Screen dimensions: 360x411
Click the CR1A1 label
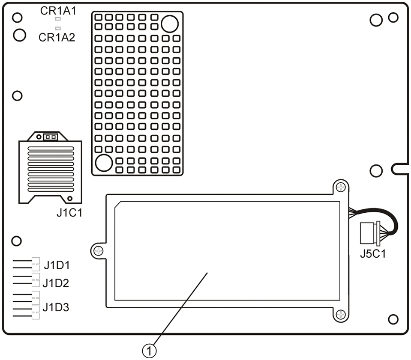[x=58, y=11]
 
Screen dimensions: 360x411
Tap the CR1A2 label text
[x=57, y=38]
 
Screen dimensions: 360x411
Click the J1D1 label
[x=57, y=265]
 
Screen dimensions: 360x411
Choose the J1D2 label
[x=56, y=283]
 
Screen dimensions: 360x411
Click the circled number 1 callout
[x=149, y=351]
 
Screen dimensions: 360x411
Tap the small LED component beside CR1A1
[x=57, y=19]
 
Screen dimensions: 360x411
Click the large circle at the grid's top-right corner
[x=169, y=24]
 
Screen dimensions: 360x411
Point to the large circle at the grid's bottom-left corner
[x=103, y=163]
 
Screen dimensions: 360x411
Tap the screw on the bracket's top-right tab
[x=340, y=187]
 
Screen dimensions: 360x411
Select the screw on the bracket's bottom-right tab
[x=340, y=315]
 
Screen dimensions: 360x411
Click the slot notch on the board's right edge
[x=401, y=168]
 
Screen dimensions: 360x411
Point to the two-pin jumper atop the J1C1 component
[x=51, y=137]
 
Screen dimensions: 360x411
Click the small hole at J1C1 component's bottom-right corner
[x=69, y=198]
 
